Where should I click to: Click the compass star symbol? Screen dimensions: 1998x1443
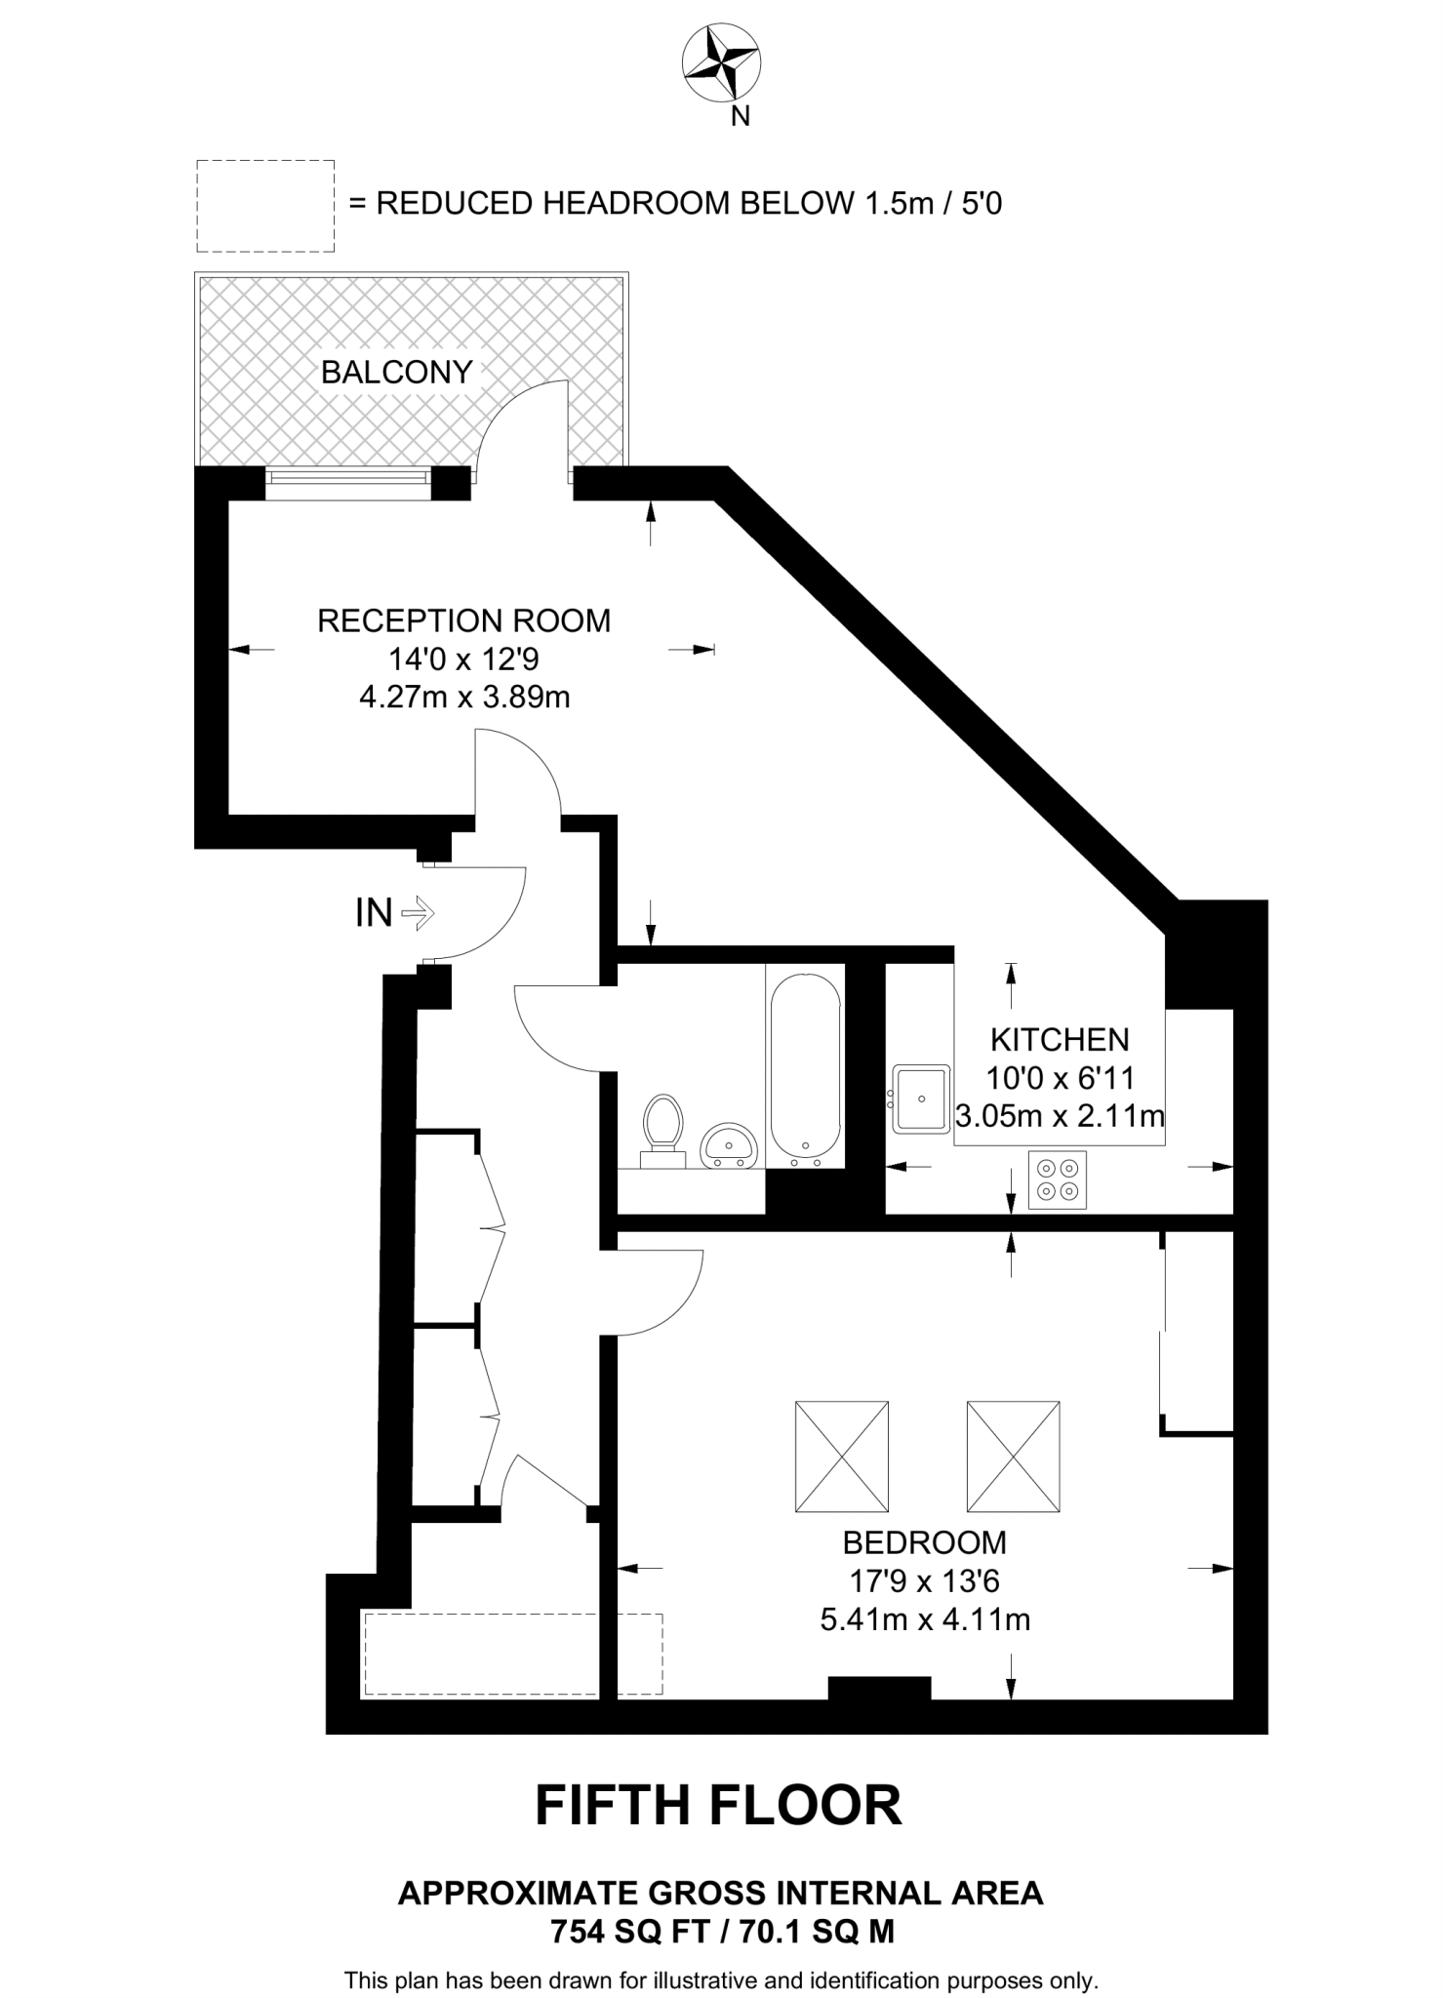pyautogui.click(x=721, y=62)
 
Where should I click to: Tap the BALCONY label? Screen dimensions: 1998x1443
pyautogui.click(x=396, y=372)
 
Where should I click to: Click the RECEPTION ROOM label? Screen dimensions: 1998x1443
pyautogui.click(x=463, y=620)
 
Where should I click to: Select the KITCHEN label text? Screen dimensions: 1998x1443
pyautogui.click(x=1060, y=1039)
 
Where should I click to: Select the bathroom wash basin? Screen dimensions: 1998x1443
pyautogui.click(x=728, y=1144)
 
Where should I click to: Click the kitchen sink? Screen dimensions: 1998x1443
pyautogui.click(x=920, y=1099)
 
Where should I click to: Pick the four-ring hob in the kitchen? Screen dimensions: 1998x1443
pyautogui.click(x=1058, y=1179)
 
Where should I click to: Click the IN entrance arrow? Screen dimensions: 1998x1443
pyautogui.click(x=418, y=913)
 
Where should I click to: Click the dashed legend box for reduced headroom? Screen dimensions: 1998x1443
pyautogui.click(x=265, y=206)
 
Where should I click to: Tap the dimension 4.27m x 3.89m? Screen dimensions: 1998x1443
pyautogui.click(x=464, y=698)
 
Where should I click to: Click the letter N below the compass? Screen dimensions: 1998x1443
pyautogui.click(x=741, y=117)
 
